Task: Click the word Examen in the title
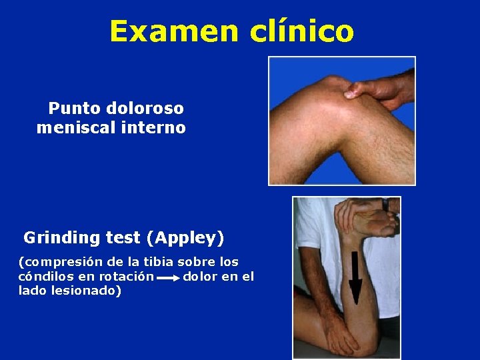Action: coord(175,31)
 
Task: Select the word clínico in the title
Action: coord(302,31)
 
